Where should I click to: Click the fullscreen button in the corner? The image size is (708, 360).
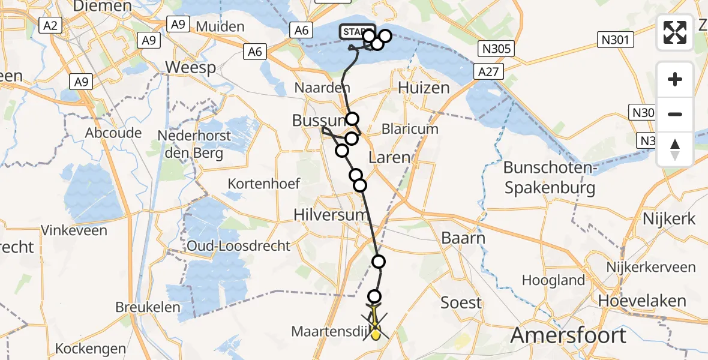coord(675,32)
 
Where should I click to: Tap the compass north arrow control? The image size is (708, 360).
coord(675,150)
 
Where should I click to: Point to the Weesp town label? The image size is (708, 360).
coord(190,67)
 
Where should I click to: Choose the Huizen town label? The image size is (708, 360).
coord(424,88)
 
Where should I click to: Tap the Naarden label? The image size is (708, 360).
coord(322,88)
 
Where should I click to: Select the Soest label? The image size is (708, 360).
coord(461,302)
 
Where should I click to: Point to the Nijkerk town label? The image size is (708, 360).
coord(668,218)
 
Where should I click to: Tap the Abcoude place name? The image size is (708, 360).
coord(113,133)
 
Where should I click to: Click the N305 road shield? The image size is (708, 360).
coord(496,49)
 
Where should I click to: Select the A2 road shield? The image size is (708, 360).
coord(50,25)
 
